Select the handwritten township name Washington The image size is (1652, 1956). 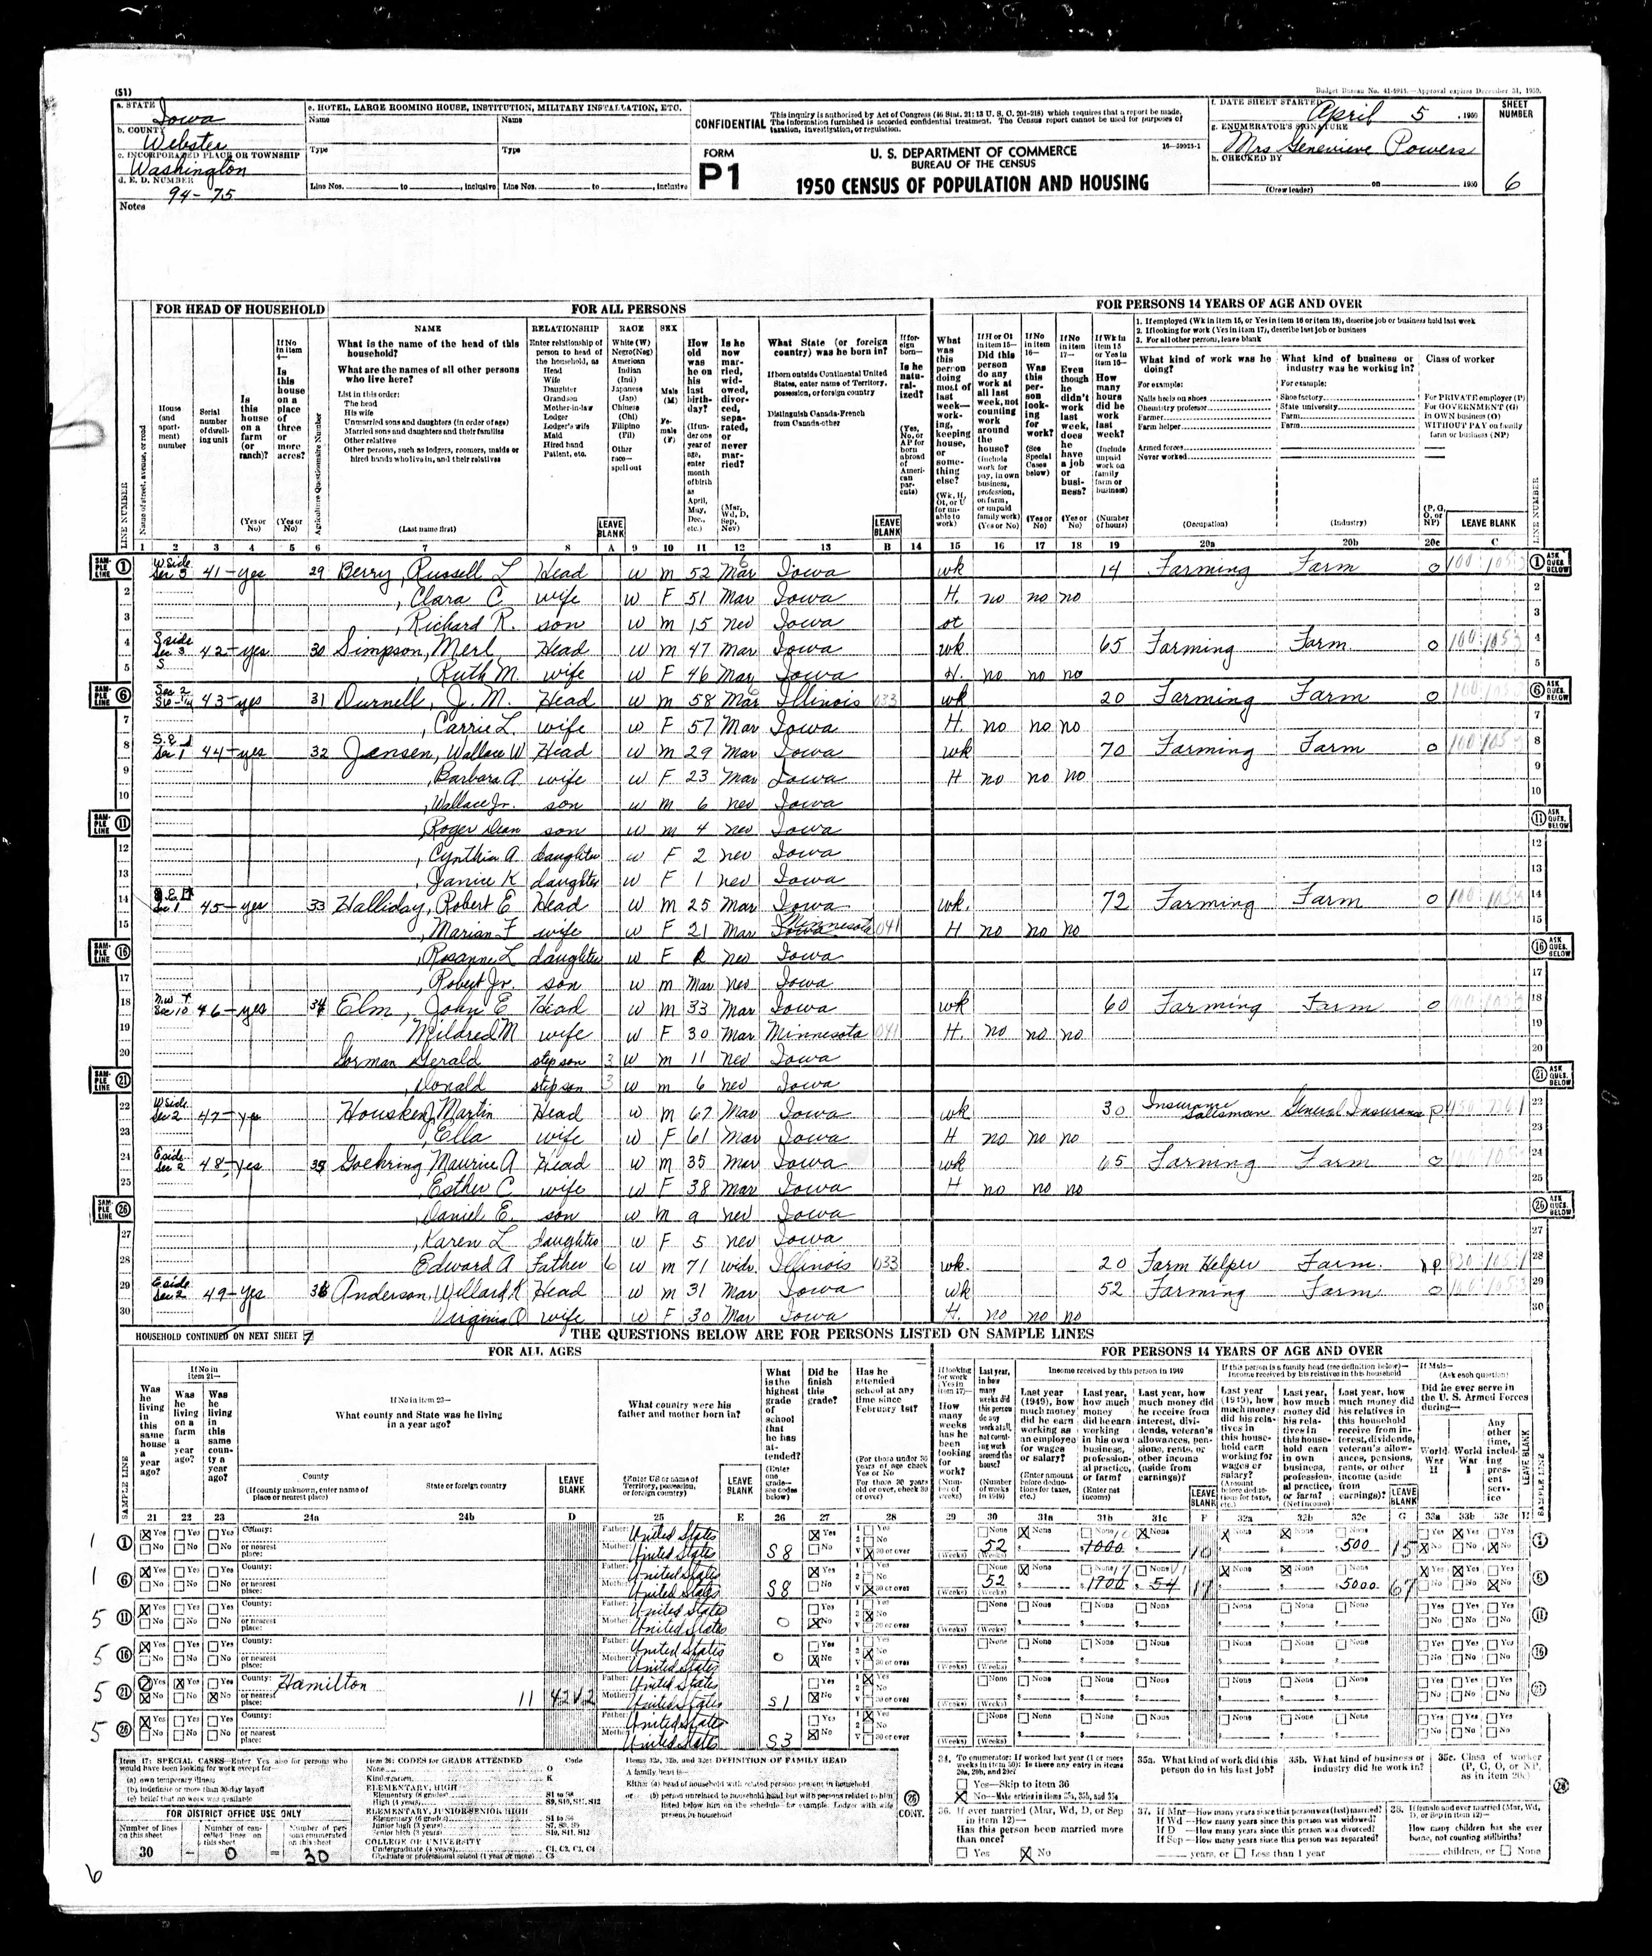[193, 171]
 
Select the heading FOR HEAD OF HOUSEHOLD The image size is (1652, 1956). [240, 309]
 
